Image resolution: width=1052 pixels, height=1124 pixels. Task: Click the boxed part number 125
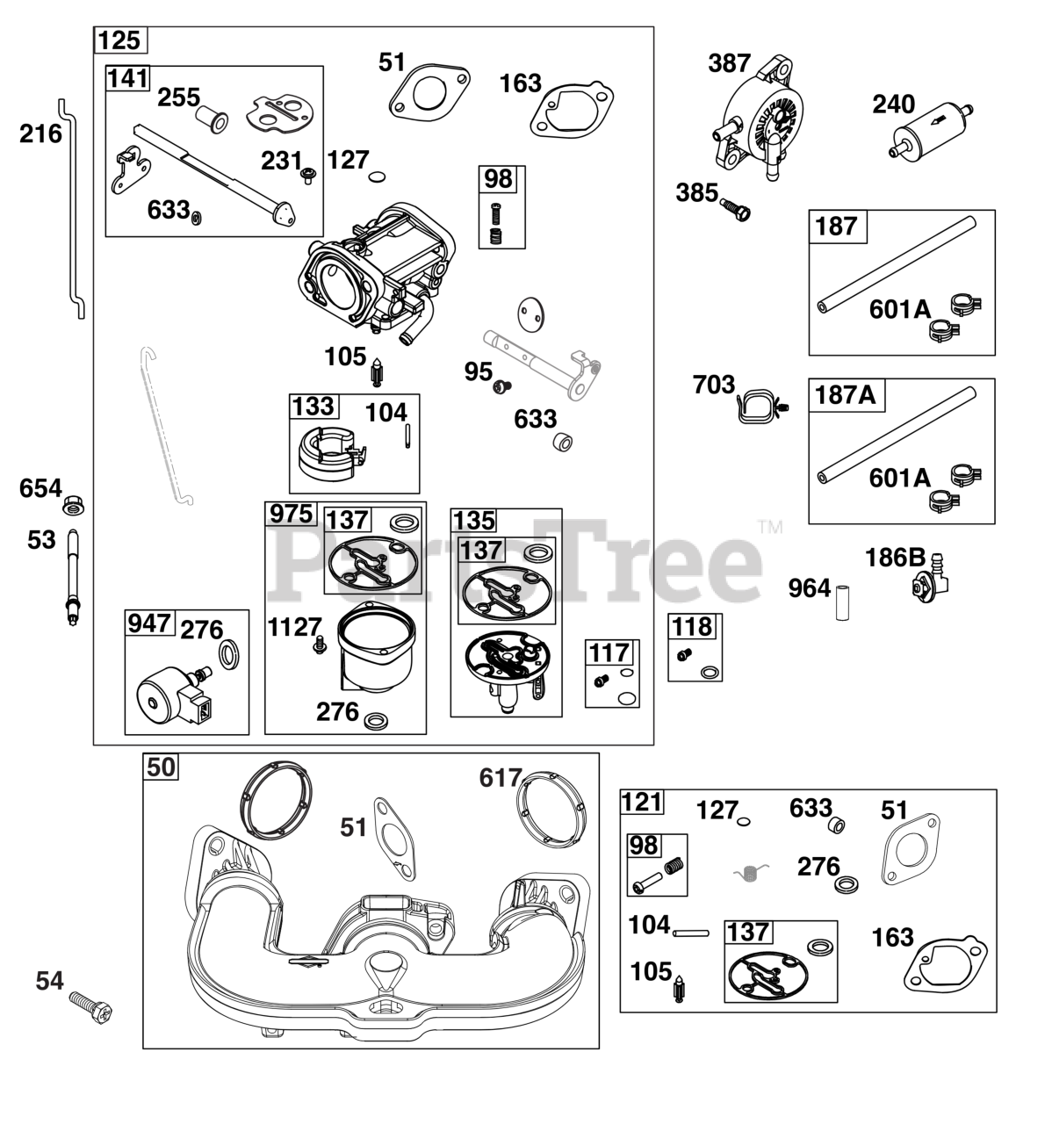pos(120,40)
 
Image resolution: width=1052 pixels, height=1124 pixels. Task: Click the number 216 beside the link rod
pos(41,134)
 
